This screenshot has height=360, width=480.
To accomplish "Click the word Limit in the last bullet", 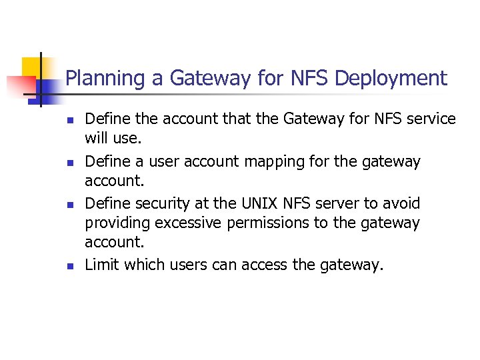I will click(x=101, y=265).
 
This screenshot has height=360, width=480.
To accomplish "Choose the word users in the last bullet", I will click(x=191, y=265).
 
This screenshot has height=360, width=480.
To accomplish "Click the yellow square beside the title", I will click(x=30, y=67).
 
